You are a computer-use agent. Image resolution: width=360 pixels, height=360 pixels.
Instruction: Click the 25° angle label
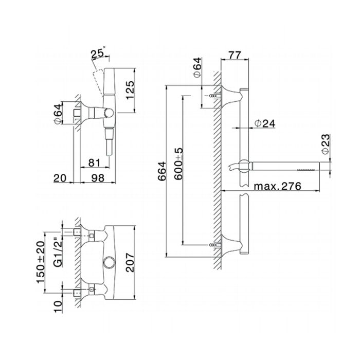pyautogui.click(x=97, y=53)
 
